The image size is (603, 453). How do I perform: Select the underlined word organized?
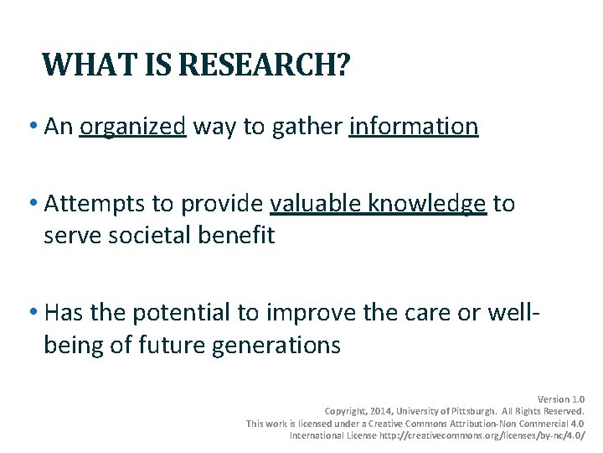point(132,127)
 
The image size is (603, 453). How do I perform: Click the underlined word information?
point(414,127)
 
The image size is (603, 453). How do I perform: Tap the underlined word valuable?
point(317,204)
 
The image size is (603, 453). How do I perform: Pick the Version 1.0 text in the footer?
point(560,399)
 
